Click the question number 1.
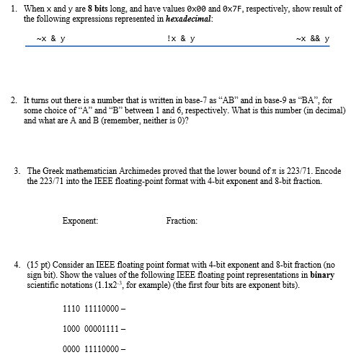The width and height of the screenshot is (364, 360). point(14,9)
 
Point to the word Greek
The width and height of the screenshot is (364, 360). point(55,172)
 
